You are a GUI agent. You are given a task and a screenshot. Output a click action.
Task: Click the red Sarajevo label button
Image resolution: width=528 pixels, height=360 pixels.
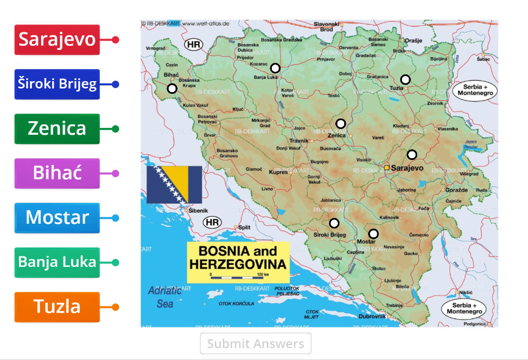pos(57,40)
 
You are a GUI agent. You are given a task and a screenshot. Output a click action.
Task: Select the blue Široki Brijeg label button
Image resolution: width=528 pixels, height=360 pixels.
pos(57,84)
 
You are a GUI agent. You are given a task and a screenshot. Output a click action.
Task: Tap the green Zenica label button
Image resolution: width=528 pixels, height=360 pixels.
pos(57,128)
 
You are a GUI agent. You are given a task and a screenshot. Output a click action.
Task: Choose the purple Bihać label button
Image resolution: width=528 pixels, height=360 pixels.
pos(57,173)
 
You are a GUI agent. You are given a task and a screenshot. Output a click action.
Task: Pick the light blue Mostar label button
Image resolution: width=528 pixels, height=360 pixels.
pos(57,217)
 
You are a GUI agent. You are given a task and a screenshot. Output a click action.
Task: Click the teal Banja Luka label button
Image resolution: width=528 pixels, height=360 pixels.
pos(57,262)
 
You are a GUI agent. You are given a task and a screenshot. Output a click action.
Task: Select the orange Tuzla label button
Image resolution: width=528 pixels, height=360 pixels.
pos(57,307)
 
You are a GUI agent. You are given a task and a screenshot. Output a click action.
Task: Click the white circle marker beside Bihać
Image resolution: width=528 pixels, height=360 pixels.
pos(172,89)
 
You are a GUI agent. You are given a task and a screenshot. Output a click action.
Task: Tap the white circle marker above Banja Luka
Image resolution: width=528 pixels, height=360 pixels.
pos(275,68)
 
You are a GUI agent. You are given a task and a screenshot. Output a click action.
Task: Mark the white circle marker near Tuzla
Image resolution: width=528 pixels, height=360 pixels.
pos(405,80)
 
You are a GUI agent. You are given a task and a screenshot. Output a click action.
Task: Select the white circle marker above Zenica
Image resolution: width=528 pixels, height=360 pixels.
pos(341,124)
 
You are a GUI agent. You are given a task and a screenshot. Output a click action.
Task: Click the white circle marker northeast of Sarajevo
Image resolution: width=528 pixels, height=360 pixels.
pos(412,155)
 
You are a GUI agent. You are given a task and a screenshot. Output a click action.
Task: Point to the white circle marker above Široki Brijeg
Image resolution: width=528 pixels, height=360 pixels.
pos(334,224)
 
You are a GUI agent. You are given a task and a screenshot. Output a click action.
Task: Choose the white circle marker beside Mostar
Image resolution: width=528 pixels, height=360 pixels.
pos(373,234)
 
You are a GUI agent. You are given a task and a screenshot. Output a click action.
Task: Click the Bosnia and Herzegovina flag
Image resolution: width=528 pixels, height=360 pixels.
pos(174,185)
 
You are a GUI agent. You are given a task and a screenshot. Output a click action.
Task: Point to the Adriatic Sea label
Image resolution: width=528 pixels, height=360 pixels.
pos(165,297)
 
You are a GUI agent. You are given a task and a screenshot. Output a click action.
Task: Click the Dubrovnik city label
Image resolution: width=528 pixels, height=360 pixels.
pos(372,316)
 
